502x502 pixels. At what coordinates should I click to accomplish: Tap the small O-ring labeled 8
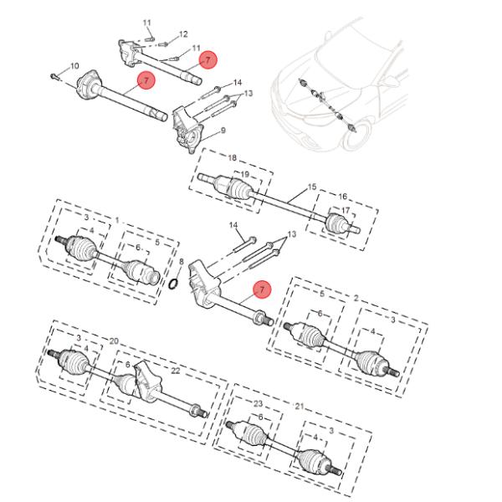click(173, 282)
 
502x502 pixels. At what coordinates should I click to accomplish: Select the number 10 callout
click(74, 66)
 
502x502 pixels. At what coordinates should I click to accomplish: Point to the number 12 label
click(183, 34)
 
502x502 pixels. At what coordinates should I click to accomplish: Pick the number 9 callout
click(223, 131)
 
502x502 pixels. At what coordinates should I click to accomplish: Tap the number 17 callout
click(344, 210)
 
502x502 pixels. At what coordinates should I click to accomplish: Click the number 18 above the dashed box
click(232, 157)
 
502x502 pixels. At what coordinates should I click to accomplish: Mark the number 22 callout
click(175, 371)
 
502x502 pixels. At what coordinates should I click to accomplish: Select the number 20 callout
click(114, 341)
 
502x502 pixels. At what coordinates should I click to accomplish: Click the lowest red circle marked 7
click(261, 289)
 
